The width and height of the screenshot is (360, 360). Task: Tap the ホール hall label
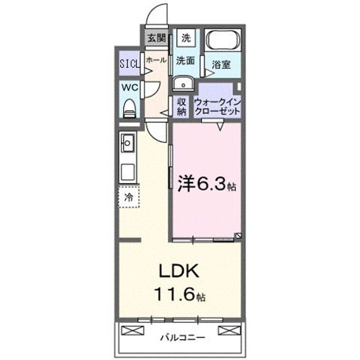coord(156,60)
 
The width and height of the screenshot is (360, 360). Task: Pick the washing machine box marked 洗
coord(186,37)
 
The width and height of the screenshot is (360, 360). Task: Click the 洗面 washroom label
coord(185,61)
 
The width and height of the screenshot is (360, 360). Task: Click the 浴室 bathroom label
coord(220,64)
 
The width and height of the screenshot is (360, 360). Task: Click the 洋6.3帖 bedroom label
coord(206,185)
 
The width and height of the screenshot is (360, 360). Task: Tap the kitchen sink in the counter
coord(127,146)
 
